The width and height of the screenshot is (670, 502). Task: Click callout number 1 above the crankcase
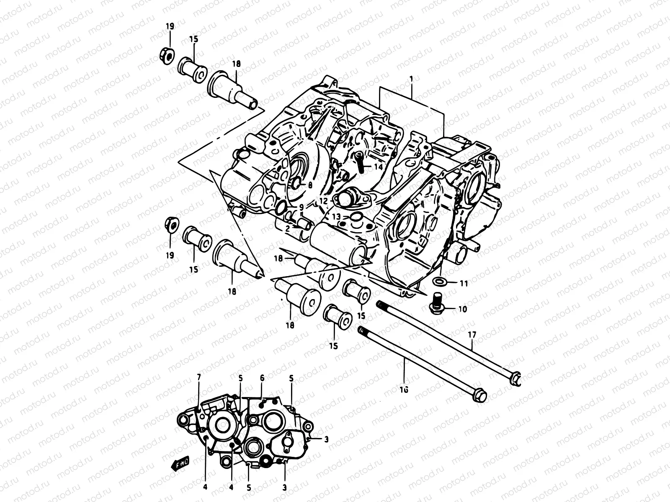pos(411,79)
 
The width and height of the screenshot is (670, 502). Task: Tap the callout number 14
pos(379,166)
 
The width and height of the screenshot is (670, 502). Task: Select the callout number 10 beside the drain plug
pos(462,310)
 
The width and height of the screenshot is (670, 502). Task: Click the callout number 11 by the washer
pos(463,284)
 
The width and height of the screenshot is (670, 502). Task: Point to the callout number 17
pos(472,335)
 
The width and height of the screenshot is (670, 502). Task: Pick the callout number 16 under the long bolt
pos(404,389)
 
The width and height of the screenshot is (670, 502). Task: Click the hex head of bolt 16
pos(480,395)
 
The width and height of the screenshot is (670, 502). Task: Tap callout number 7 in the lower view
pos(199,378)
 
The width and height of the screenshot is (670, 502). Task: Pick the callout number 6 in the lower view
pos(262,378)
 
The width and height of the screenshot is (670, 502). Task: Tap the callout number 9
pos(301,207)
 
